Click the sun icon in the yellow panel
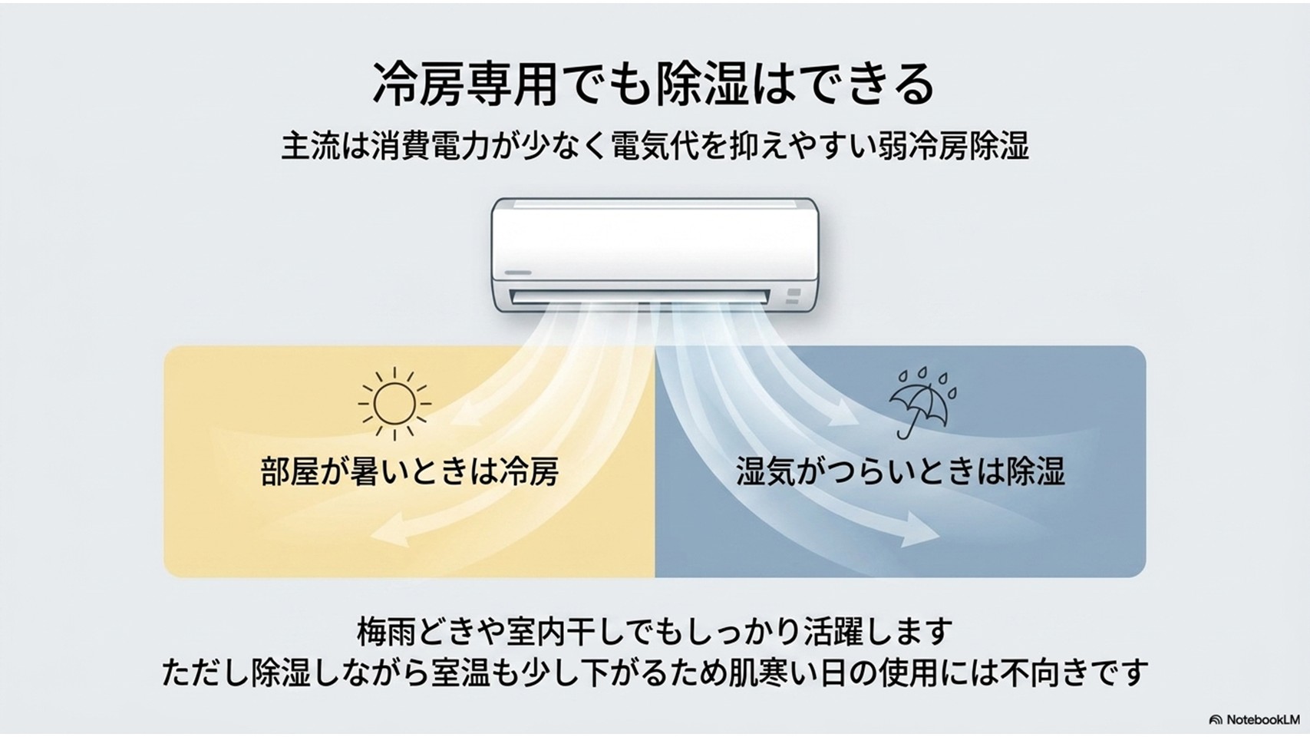(394, 404)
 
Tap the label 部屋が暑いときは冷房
(409, 471)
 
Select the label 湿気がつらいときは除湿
(901, 471)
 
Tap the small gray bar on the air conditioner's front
(517, 273)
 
